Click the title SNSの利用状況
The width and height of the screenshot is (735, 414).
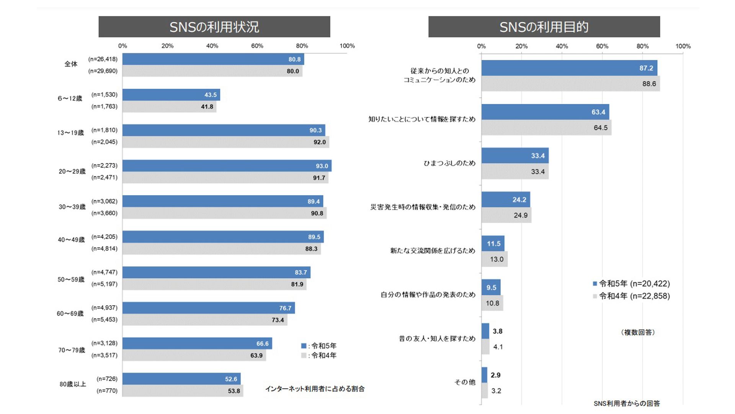tap(214, 27)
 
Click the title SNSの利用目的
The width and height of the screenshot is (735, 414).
tap(544, 27)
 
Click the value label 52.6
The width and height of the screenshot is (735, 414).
tap(231, 379)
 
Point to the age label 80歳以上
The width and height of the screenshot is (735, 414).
tap(73, 384)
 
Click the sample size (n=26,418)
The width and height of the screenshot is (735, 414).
tap(103, 59)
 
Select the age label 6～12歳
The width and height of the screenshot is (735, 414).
tap(70, 99)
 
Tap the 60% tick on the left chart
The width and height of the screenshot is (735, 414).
tap(257, 46)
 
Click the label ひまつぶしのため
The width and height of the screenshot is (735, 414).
tap(449, 163)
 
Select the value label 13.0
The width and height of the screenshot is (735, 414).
tap(497, 260)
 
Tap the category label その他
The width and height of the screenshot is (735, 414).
tap(465, 382)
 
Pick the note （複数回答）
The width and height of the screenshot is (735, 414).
tap(638, 332)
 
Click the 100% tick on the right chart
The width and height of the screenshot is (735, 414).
tap(683, 46)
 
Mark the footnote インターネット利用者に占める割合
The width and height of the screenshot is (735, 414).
tap(315, 389)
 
